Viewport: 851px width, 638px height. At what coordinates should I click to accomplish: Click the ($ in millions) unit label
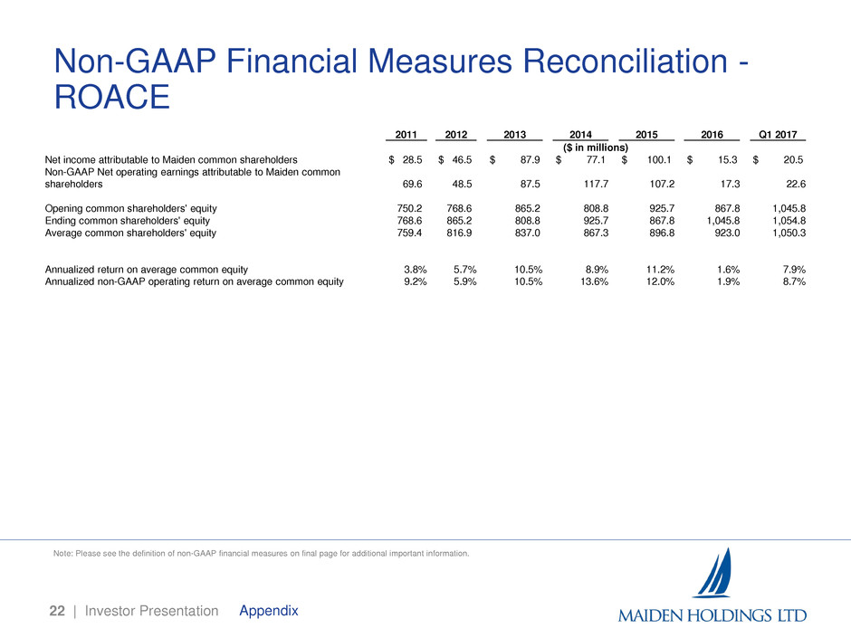click(x=589, y=148)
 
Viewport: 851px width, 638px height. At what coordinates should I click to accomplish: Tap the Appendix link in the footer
click(x=269, y=611)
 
